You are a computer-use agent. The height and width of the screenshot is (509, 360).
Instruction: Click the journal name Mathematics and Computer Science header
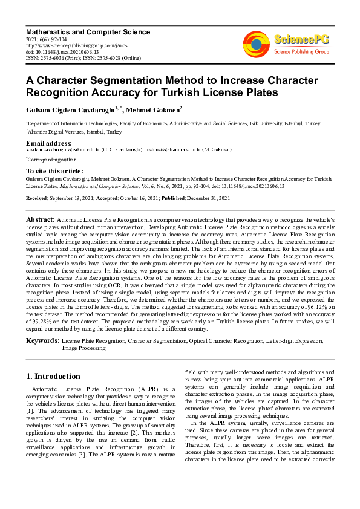tap(88, 31)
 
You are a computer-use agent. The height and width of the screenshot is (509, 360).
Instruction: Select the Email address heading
tap(48, 143)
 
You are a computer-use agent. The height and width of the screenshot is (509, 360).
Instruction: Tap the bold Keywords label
tap(42, 341)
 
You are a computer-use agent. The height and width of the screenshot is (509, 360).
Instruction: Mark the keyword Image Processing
tap(85, 348)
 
